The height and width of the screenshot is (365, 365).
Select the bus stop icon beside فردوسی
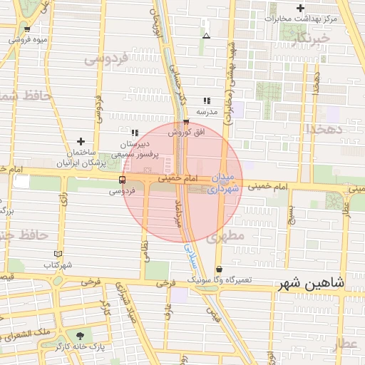[x=123, y=180]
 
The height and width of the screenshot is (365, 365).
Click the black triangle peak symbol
[x=207, y=36]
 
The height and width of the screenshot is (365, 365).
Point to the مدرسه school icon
[x=207, y=101]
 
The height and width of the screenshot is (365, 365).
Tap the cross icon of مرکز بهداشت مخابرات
[x=302, y=8]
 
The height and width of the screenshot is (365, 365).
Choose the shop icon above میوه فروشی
[x=27, y=29]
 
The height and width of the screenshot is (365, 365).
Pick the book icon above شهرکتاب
[x=58, y=254]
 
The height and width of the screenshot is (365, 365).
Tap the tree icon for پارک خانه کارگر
[x=78, y=335]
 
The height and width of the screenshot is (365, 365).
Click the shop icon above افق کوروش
[x=186, y=122]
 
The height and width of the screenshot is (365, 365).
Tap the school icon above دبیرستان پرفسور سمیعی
[x=134, y=133]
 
